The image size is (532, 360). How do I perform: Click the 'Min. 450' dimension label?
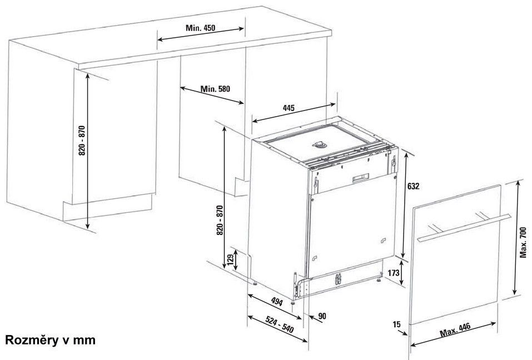(200, 28)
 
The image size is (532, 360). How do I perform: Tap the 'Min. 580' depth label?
(215, 89)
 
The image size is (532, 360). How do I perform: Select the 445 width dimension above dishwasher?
(289, 108)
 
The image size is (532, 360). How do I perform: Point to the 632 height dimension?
(413, 186)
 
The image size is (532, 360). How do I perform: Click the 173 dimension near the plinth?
(393, 273)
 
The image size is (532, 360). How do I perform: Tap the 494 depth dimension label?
(277, 301)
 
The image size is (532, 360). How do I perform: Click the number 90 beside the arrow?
(322, 316)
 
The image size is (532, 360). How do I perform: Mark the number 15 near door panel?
(396, 324)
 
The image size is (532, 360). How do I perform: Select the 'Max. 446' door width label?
(455, 330)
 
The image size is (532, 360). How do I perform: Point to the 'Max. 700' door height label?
(523, 243)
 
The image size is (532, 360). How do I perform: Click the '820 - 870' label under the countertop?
(82, 141)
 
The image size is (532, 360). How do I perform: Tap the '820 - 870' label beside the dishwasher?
(220, 221)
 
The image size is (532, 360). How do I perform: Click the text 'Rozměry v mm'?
(50, 340)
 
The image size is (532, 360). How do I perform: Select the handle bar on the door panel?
(464, 228)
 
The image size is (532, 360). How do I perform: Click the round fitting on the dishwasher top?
(320, 145)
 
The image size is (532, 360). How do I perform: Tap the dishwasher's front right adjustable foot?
(379, 279)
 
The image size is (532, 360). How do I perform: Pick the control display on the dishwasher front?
(360, 178)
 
